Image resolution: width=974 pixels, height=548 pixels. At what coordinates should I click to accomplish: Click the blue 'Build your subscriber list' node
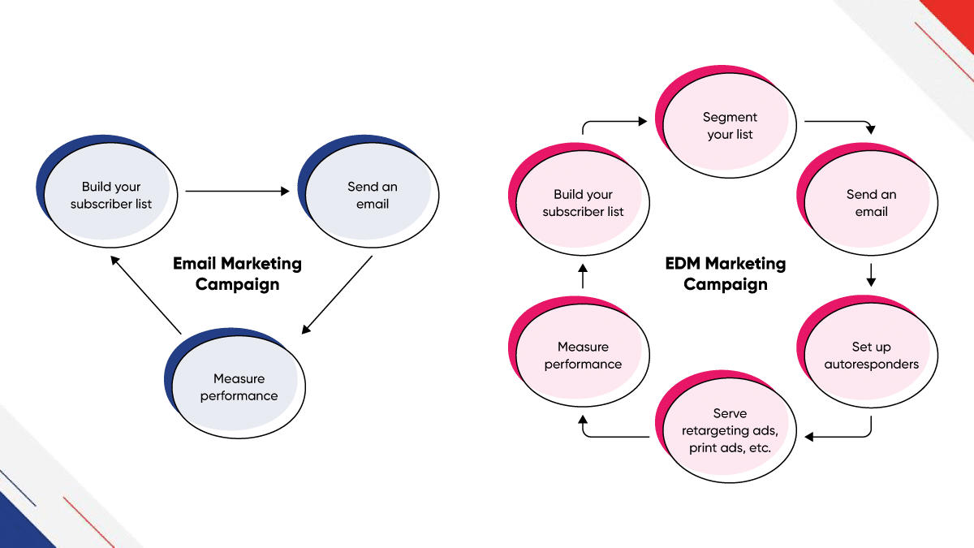(110, 196)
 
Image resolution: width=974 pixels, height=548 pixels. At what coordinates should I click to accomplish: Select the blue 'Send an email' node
(373, 196)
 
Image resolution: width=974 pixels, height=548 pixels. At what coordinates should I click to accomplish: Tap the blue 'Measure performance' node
(239, 387)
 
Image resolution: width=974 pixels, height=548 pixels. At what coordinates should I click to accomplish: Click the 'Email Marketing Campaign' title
(237, 274)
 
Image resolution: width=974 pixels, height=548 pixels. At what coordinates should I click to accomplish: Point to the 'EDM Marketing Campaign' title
(725, 274)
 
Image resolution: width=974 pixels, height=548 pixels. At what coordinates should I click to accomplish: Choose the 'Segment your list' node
(730, 126)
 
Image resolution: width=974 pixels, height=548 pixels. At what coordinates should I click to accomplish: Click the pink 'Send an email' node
(871, 203)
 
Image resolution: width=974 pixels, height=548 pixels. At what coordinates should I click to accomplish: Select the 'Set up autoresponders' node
(871, 356)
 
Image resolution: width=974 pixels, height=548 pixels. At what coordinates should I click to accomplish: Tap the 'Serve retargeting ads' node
(729, 430)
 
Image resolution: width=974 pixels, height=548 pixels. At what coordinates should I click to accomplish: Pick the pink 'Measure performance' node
(583, 356)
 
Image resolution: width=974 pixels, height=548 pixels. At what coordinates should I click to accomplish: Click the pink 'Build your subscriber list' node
(583, 203)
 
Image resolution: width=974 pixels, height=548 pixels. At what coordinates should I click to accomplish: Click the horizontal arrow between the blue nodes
(237, 192)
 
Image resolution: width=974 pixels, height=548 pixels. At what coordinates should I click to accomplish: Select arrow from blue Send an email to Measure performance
(338, 295)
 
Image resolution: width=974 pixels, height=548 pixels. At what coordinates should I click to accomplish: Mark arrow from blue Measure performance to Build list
(146, 296)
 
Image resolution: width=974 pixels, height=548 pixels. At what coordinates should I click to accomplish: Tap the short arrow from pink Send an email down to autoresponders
(871, 274)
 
